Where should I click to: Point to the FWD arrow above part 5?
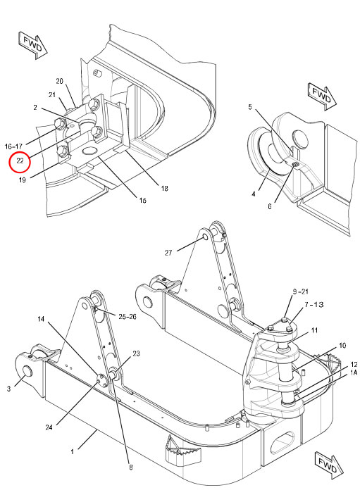tap(321, 93)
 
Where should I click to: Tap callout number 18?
tap(163, 188)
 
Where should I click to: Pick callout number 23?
tap(136, 354)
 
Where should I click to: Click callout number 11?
tap(314, 330)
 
